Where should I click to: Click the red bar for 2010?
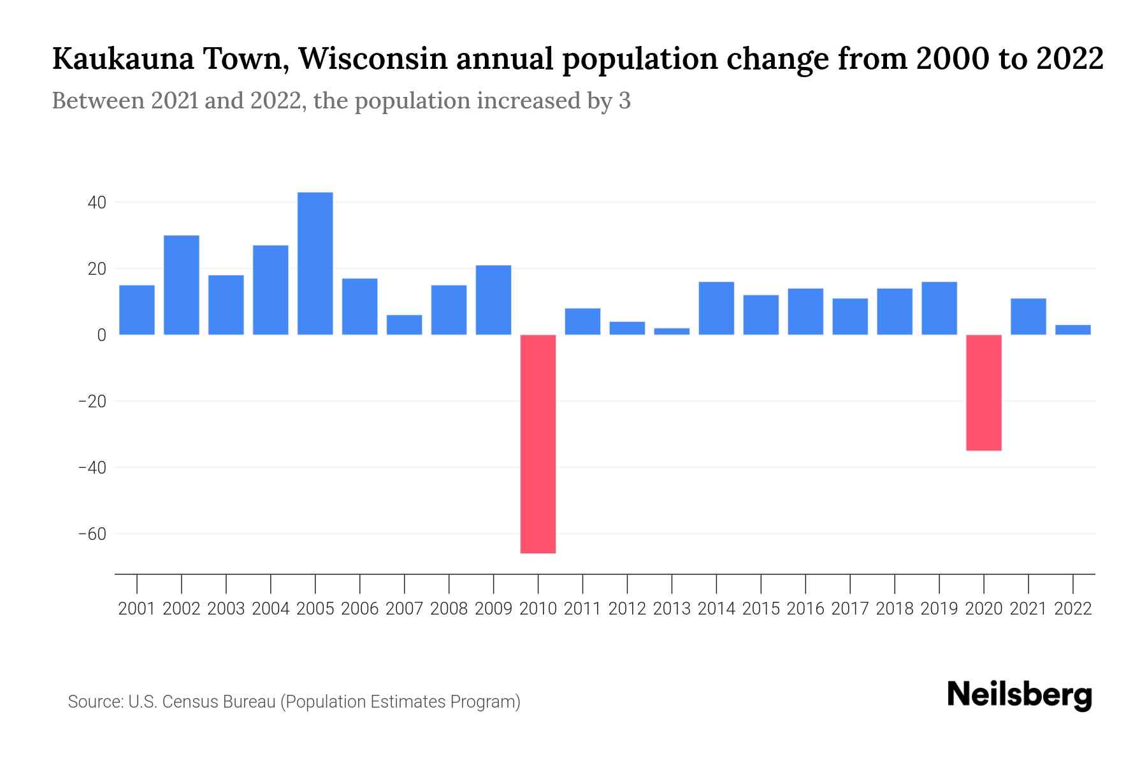(538, 444)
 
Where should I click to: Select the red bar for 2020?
(983, 393)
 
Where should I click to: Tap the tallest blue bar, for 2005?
(315, 263)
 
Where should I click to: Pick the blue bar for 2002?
(181, 285)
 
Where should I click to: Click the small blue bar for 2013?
(672, 331)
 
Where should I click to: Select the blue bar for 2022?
(1072, 330)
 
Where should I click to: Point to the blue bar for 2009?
(493, 300)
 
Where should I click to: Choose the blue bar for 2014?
(716, 308)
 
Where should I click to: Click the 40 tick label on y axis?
(97, 203)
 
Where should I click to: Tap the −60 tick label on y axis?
(92, 534)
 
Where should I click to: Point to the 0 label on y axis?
(101, 335)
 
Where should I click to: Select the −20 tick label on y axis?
(92, 402)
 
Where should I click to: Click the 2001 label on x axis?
(136, 609)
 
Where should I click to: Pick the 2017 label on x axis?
(849, 609)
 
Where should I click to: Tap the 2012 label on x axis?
(627, 609)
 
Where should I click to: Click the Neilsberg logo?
(1020, 695)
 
